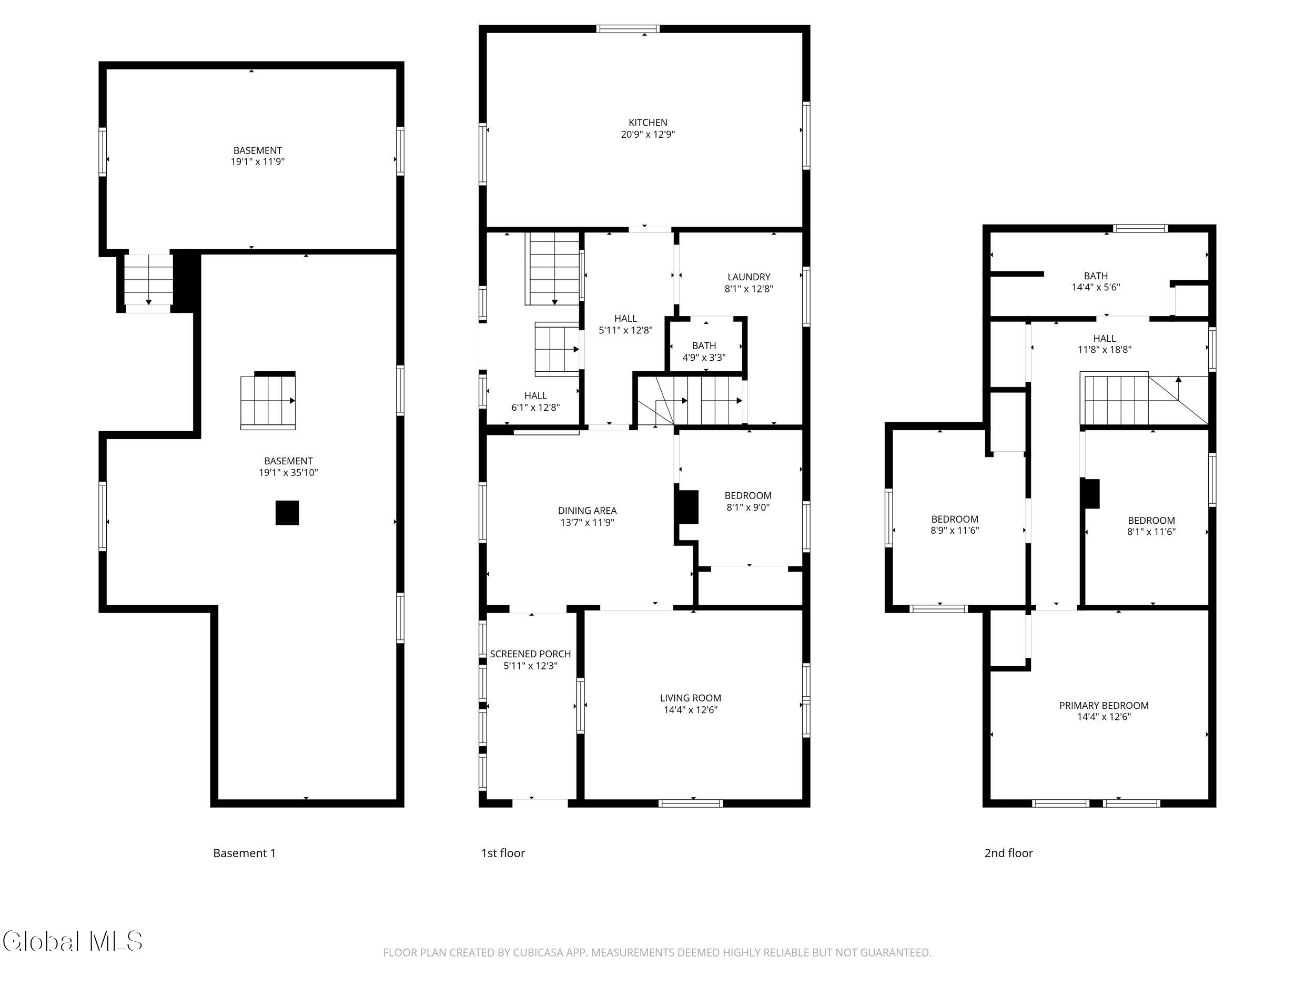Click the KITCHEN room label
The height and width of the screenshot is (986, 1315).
point(648,123)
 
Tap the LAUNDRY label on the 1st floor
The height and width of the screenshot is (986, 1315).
point(748,277)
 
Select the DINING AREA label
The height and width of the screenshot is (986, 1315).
point(588,511)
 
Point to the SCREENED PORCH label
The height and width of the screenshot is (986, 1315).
point(530,654)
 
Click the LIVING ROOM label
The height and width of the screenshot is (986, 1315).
point(690,698)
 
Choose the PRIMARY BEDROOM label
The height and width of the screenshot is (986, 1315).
point(1104,706)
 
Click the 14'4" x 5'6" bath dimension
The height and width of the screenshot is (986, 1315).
point(1096,287)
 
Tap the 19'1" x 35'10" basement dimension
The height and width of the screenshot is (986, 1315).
point(288,473)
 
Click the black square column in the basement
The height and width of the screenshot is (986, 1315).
point(287,513)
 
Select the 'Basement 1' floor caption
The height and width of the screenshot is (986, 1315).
point(245,853)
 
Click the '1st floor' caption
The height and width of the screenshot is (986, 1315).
point(503,853)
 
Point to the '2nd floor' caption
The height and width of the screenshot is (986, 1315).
point(1009,853)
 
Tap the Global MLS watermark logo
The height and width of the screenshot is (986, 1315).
point(73,941)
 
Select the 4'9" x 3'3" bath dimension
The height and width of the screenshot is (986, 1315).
point(704,358)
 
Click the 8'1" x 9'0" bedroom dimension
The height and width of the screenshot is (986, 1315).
point(748,507)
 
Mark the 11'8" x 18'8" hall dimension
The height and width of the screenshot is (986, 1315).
point(1105,350)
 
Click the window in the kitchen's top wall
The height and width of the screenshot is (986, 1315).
point(629,28)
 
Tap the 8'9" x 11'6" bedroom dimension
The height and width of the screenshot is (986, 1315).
point(955,531)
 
